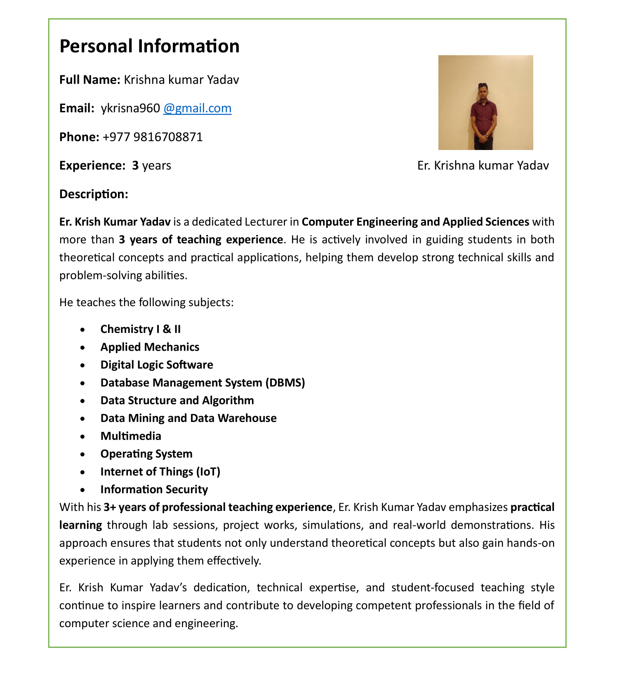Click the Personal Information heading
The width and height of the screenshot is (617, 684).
click(x=149, y=46)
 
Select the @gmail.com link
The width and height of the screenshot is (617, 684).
click(x=197, y=108)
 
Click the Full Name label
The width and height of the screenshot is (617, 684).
click(x=89, y=80)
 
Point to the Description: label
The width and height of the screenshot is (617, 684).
click(x=94, y=194)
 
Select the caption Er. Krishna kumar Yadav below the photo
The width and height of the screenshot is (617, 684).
click(x=483, y=166)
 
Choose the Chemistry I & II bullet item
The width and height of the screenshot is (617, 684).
click(x=140, y=329)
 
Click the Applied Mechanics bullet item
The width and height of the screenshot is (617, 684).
click(x=150, y=347)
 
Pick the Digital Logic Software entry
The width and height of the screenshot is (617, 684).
click(x=157, y=365)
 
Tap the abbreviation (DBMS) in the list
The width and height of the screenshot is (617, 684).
click(x=285, y=383)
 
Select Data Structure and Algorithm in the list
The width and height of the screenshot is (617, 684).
click(x=177, y=401)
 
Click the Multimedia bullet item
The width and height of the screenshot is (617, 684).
click(x=131, y=436)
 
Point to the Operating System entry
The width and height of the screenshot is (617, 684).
click(x=146, y=454)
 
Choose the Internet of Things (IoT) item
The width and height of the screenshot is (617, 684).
click(x=160, y=471)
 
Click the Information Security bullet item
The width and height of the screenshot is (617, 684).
click(x=154, y=490)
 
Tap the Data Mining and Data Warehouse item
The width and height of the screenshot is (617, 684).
click(x=188, y=418)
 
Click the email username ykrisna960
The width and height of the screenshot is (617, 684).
click(x=130, y=108)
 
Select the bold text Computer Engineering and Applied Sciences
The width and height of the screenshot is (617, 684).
click(x=415, y=222)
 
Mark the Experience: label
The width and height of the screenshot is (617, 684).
click(x=92, y=166)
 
